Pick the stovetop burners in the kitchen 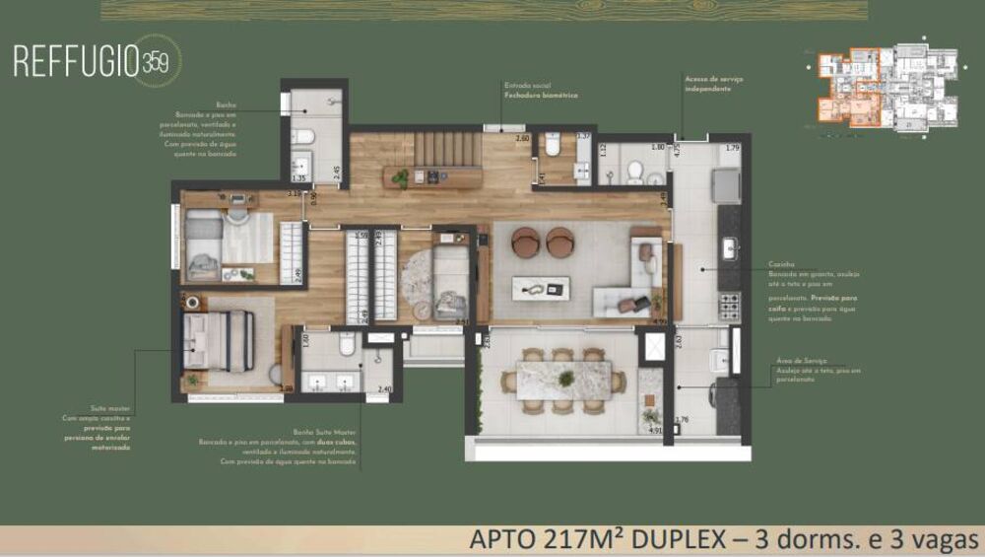729,307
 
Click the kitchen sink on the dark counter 729,247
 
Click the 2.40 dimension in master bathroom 384,389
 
